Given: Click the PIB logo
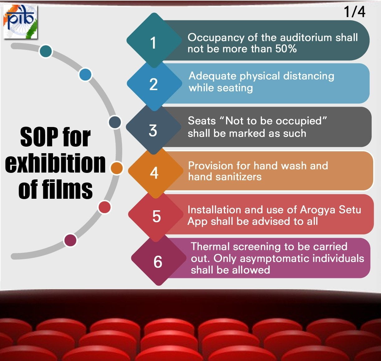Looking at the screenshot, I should point(20,22).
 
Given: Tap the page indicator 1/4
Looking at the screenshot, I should point(354,12).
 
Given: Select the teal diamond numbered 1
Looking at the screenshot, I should point(154,41).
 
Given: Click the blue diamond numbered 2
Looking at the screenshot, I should point(154,84).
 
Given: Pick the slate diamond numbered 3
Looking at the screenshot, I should point(153,130).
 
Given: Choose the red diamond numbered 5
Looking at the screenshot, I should point(156,216).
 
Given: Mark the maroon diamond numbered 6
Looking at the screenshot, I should point(158,261).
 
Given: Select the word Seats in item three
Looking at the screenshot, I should point(202,121).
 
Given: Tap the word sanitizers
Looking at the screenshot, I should point(241,177).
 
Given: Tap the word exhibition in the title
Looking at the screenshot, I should point(55,163).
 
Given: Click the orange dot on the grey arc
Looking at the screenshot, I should point(117,168).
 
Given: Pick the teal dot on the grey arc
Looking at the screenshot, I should point(46,51).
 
